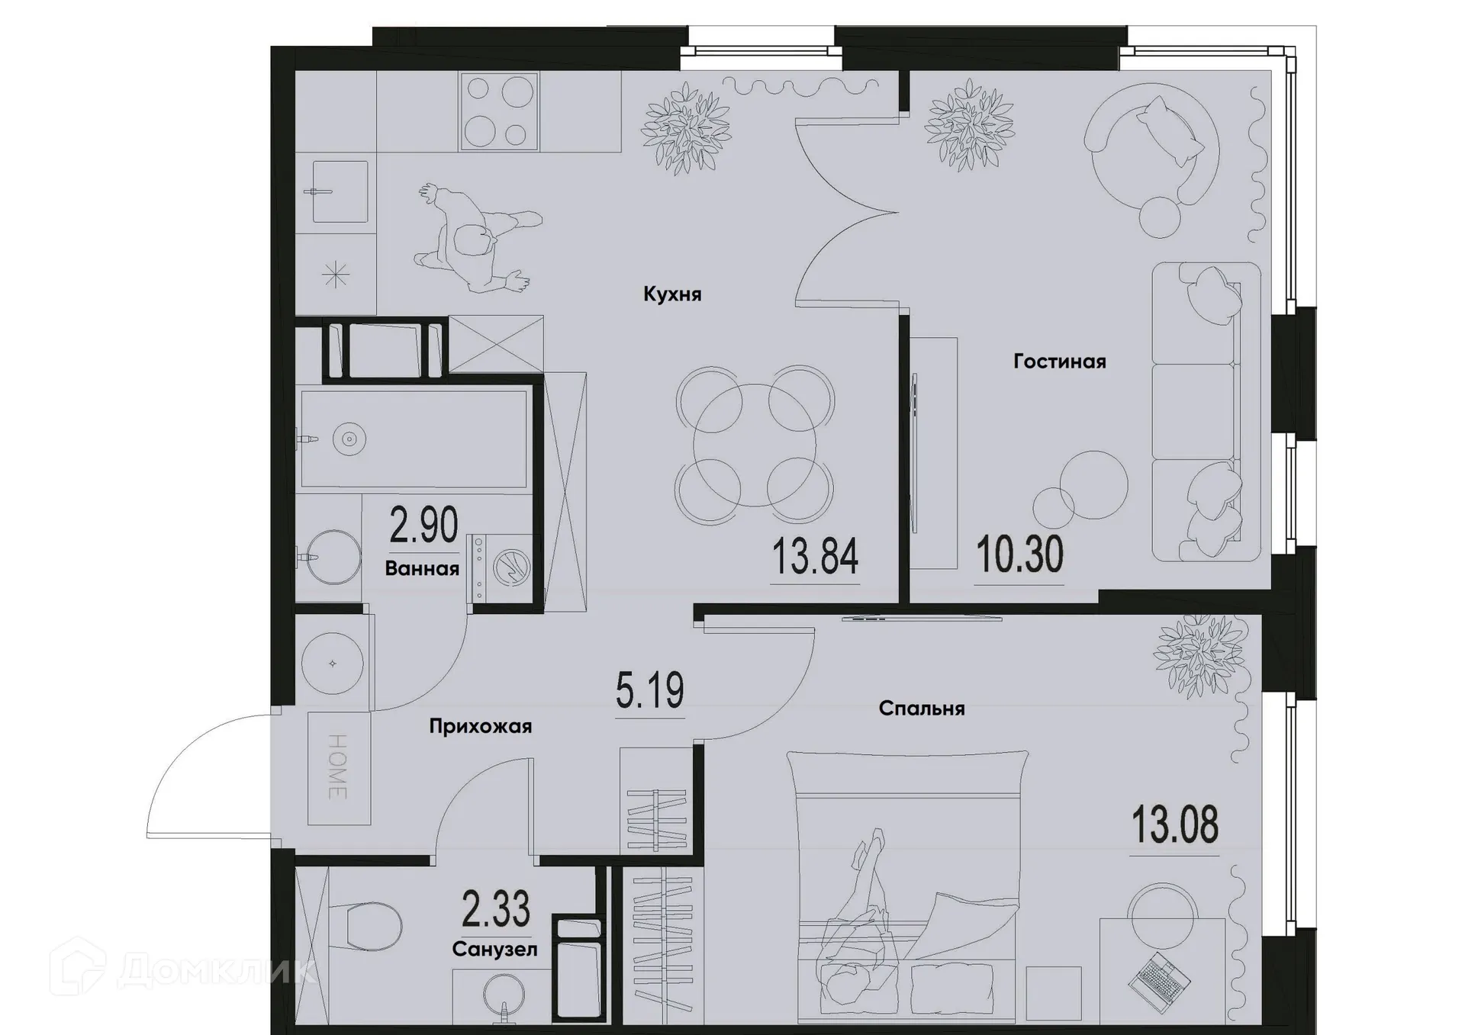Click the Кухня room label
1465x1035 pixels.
[672, 294]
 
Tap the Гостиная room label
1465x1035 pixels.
[1059, 362]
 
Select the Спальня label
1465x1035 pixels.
[921, 709]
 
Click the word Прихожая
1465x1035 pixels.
[480, 726]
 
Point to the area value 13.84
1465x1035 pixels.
[815, 557]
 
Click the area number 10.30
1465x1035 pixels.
[1019, 554]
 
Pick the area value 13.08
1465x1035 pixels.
[1174, 826]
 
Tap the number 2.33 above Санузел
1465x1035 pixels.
[496, 909]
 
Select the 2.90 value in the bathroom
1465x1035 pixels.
[423, 526]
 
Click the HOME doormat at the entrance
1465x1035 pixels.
[338, 767]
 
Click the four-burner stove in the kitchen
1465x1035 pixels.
[499, 111]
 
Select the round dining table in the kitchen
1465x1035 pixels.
[754, 445]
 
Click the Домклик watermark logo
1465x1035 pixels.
[183, 969]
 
